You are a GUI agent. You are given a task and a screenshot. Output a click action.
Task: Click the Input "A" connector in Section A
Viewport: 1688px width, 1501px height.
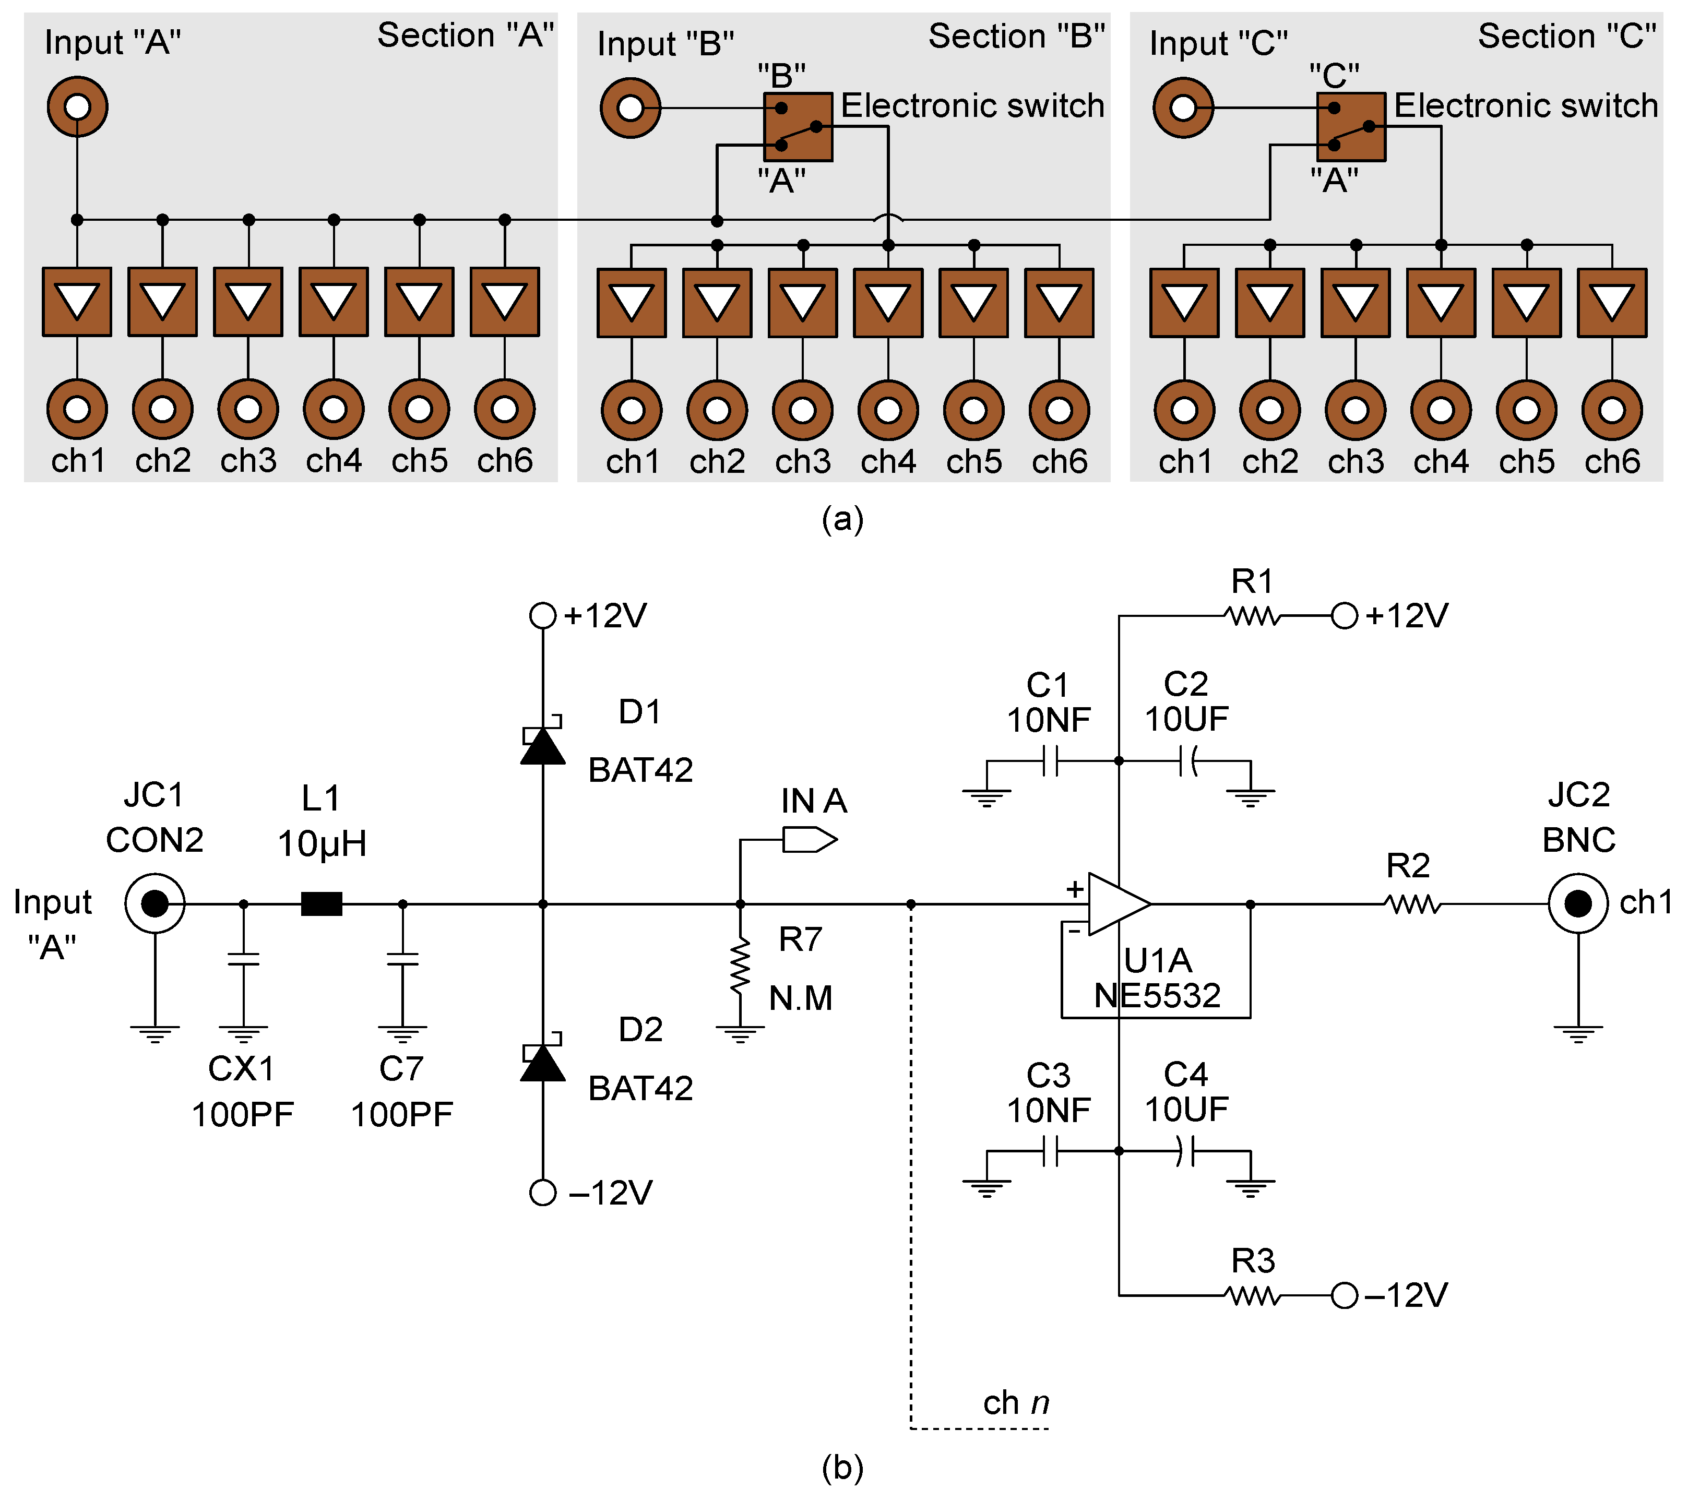coord(77,106)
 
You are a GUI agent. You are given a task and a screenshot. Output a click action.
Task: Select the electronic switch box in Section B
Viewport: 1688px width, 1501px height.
coord(798,126)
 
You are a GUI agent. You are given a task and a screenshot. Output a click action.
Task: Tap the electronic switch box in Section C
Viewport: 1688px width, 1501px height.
coord(1350,126)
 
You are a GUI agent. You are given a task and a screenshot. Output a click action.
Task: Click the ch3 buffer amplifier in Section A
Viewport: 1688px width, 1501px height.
coord(248,301)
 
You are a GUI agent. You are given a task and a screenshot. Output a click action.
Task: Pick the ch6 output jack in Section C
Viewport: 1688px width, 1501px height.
coord(1611,410)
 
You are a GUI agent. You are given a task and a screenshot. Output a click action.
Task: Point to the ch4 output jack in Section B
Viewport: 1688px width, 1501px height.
coord(888,410)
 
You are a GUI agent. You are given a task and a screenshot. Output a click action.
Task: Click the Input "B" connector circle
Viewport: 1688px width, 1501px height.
coord(630,108)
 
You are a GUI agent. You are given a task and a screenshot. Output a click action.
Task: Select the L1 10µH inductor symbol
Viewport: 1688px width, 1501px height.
coord(321,904)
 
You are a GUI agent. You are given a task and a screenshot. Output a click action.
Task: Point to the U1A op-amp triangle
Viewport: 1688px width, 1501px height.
coord(1116,904)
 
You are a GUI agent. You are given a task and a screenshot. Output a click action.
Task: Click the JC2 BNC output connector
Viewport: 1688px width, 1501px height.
coord(1577,904)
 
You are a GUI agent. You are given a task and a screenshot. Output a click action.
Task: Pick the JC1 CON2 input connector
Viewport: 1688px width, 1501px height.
coord(154,904)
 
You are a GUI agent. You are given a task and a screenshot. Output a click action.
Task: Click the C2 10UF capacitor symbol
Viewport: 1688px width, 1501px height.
coord(1187,761)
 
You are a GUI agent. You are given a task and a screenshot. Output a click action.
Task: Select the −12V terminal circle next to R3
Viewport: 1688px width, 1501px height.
coord(1344,1295)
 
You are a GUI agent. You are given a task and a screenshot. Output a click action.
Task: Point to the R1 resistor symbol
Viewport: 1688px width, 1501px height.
coord(1253,616)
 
